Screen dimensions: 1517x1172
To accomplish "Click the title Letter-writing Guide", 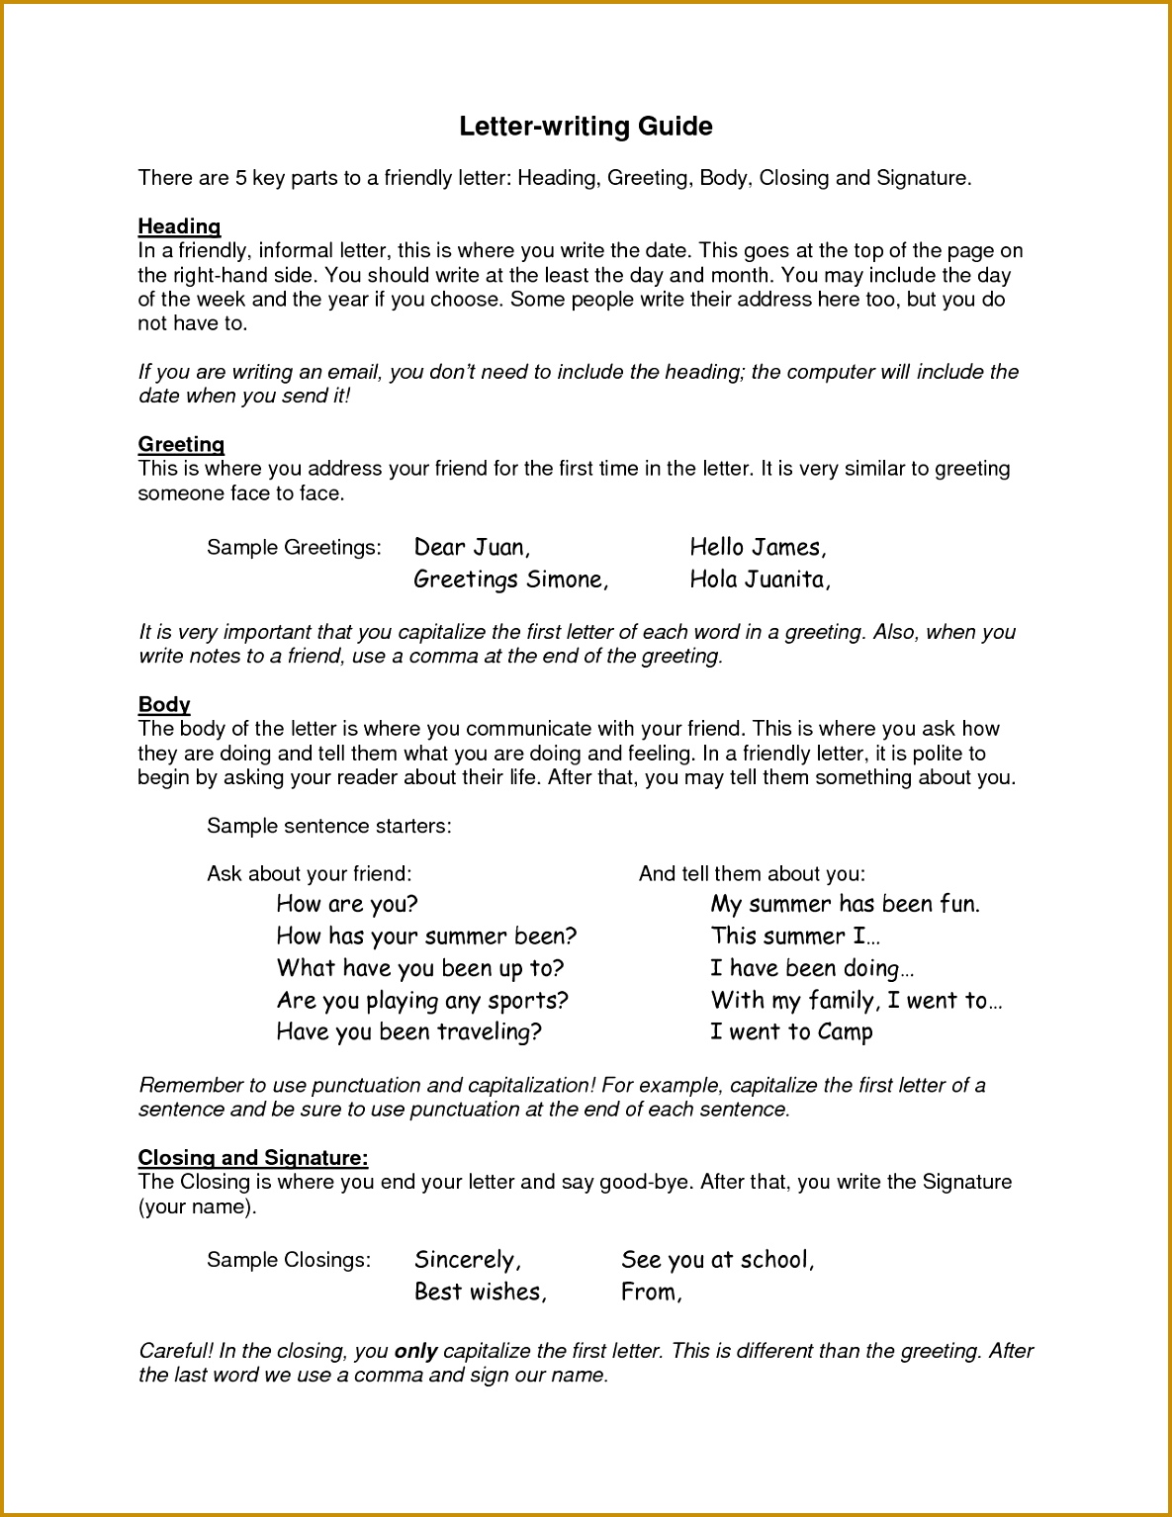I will pos(586,127).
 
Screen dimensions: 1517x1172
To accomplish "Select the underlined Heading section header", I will pos(179,226).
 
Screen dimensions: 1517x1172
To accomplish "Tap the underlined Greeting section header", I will pos(181,444).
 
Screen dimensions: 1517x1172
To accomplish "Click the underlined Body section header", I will pos(164,704).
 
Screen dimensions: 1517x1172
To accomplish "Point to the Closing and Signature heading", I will pos(253,1157).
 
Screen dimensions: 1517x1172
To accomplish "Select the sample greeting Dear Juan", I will pos(472,547).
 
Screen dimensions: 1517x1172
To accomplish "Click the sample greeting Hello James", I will pos(758,547).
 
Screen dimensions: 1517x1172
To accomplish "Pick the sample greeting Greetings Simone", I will pos(510,580).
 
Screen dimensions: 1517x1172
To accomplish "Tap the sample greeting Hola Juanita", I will pos(760,580).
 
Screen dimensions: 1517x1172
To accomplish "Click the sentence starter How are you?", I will pos(347,904).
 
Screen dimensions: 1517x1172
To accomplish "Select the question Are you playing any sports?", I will pos(422,1001).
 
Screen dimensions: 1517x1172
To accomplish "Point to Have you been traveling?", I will pos(409,1032).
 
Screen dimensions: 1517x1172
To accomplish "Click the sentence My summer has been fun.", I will pos(846,904).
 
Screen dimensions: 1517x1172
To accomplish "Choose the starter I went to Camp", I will pos(791,1032).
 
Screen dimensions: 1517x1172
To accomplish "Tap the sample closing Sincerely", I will pos(467,1260).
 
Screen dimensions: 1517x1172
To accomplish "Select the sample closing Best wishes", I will pos(481,1292).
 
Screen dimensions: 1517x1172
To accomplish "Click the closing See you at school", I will pos(717,1260).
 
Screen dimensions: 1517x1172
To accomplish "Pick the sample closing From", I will pos(651,1292).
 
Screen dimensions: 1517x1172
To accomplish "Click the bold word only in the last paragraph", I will pos(415,1351).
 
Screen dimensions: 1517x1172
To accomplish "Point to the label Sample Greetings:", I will pos(294,548).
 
